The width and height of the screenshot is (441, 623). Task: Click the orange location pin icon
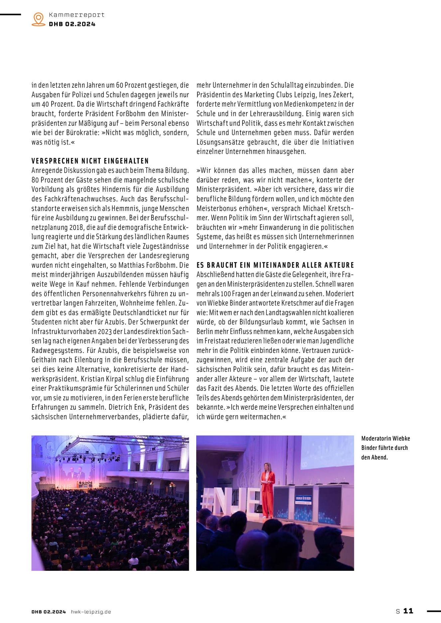[39, 19]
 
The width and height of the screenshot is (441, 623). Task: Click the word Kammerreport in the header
[76, 15]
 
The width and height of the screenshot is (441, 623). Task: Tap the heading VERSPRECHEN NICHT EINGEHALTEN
[90, 161]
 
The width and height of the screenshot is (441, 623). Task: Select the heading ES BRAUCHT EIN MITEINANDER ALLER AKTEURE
[275, 265]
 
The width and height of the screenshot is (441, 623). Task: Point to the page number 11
[408, 611]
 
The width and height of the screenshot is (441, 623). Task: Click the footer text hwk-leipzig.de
[91, 612]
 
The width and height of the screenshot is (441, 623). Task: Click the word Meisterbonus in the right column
[216, 208]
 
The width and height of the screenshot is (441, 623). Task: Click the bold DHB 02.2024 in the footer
[49, 612]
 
